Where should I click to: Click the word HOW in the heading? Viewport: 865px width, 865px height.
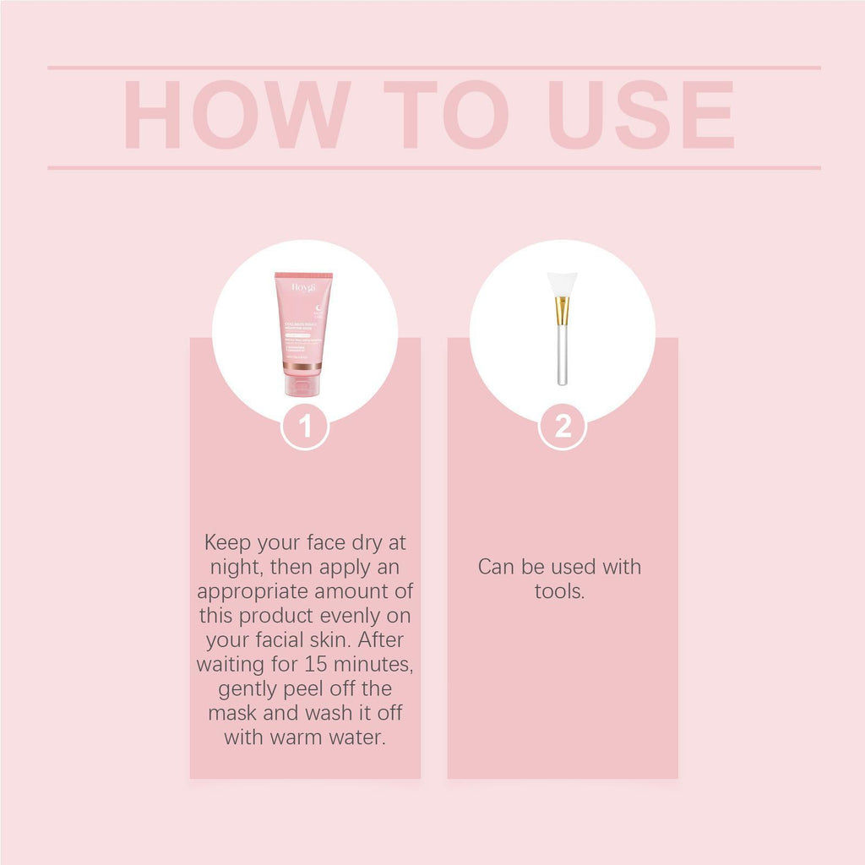237,116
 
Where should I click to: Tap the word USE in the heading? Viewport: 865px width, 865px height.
641,116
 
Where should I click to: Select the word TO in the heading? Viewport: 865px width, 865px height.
445,116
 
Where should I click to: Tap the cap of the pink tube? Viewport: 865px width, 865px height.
302,385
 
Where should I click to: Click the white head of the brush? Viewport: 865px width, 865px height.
562,285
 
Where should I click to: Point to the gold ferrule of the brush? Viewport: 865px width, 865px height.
562,311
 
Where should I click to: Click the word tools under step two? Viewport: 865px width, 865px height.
559,591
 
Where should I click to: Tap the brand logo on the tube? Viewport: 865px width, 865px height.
302,287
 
